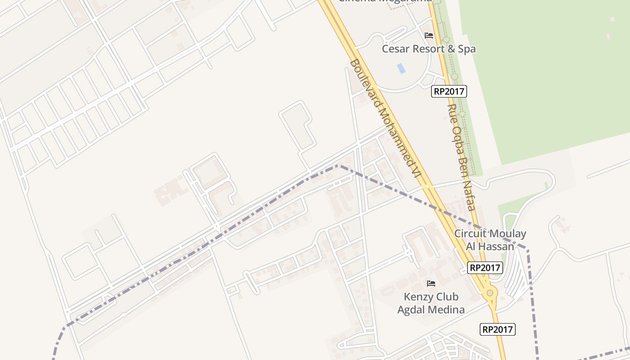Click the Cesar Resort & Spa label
[x=428, y=49]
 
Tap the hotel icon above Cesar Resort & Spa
[x=429, y=35]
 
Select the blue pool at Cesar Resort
[x=401, y=68]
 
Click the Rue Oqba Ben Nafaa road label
[x=462, y=157]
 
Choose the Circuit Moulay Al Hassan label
[x=490, y=240]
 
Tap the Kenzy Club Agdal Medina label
[x=431, y=303]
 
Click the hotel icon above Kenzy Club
[x=431, y=283]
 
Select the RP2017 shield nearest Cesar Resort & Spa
[x=449, y=91]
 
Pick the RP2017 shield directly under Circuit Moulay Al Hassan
[x=485, y=268]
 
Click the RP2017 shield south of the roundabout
[x=498, y=329]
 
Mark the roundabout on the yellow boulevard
[x=490, y=293]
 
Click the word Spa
[x=466, y=49]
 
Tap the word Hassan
[x=496, y=246]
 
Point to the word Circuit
[x=471, y=234]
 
